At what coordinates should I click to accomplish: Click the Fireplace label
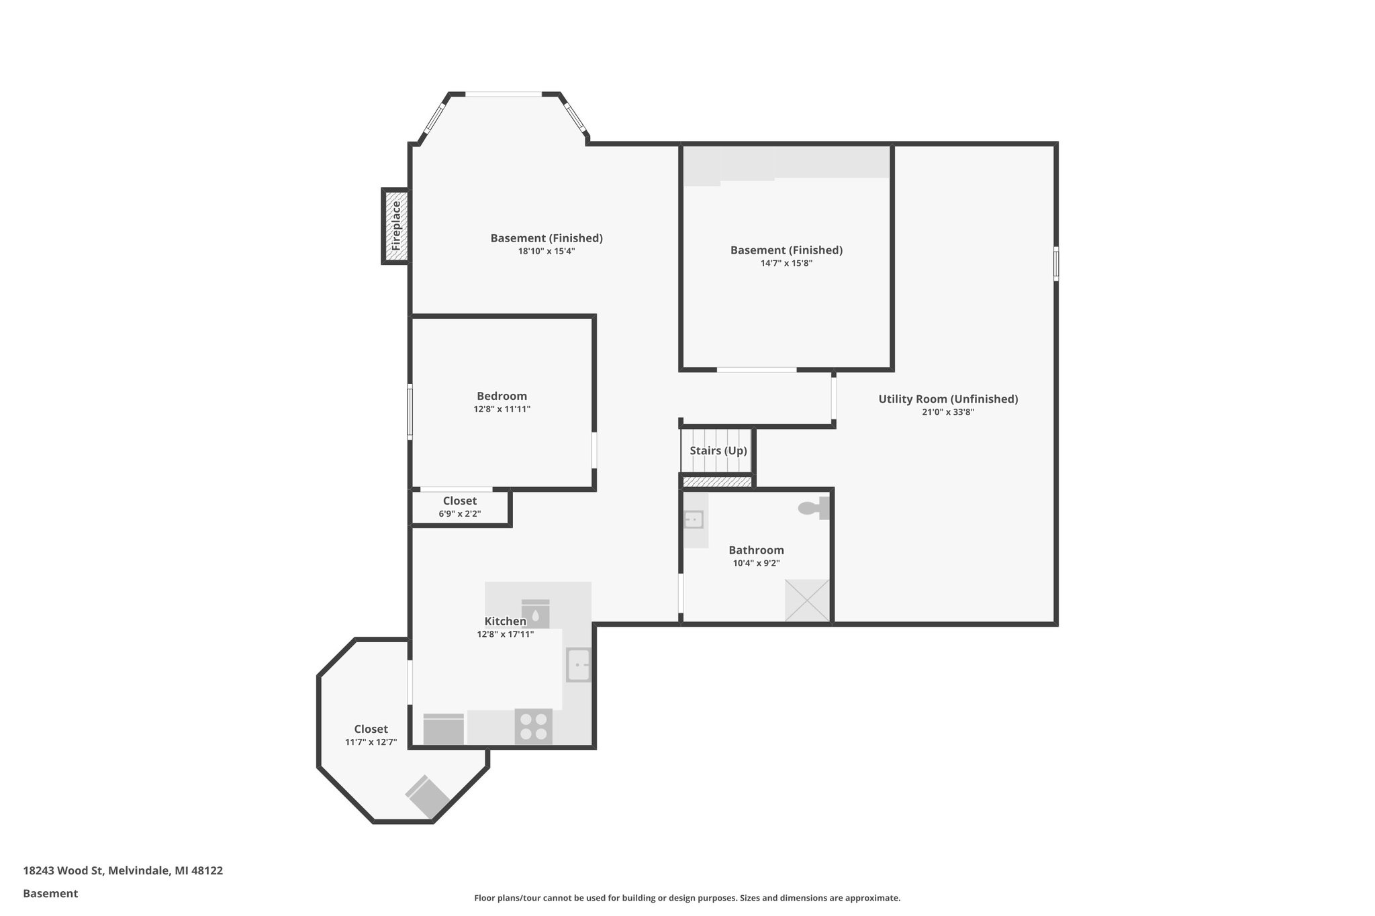[x=396, y=226]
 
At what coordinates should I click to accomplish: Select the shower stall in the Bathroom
[x=807, y=600]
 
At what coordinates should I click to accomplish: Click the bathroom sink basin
[x=693, y=519]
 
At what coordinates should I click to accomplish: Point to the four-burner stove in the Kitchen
[x=533, y=726]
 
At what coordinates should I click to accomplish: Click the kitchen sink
[x=578, y=664]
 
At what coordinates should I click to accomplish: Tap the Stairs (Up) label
[x=718, y=450]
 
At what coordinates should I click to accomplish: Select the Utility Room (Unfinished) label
[x=948, y=399]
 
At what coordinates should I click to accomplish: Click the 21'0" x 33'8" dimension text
[x=948, y=412]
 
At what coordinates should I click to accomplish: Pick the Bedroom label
[x=502, y=396]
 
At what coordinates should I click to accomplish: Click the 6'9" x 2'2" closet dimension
[x=460, y=514]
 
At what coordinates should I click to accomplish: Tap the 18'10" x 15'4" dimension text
[x=547, y=251]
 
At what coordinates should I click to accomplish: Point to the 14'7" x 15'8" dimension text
[x=786, y=263]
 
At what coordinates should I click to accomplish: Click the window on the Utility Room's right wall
[x=1055, y=263]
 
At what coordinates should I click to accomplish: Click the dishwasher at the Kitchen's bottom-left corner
[x=443, y=729]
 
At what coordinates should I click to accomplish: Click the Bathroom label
[x=756, y=550]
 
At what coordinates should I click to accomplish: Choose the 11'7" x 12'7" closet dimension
[x=371, y=742]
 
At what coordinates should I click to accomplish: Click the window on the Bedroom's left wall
[x=410, y=411]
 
